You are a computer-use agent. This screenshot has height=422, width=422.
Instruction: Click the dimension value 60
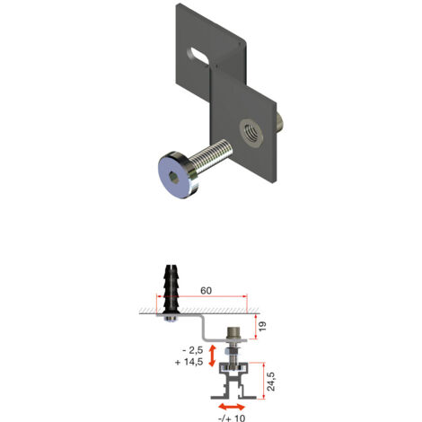pyautogui.click(x=206, y=292)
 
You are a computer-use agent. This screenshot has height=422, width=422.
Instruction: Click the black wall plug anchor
pyautogui.click(x=171, y=286)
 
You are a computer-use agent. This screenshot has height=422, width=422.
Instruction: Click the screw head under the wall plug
pyautogui.click(x=171, y=317)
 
